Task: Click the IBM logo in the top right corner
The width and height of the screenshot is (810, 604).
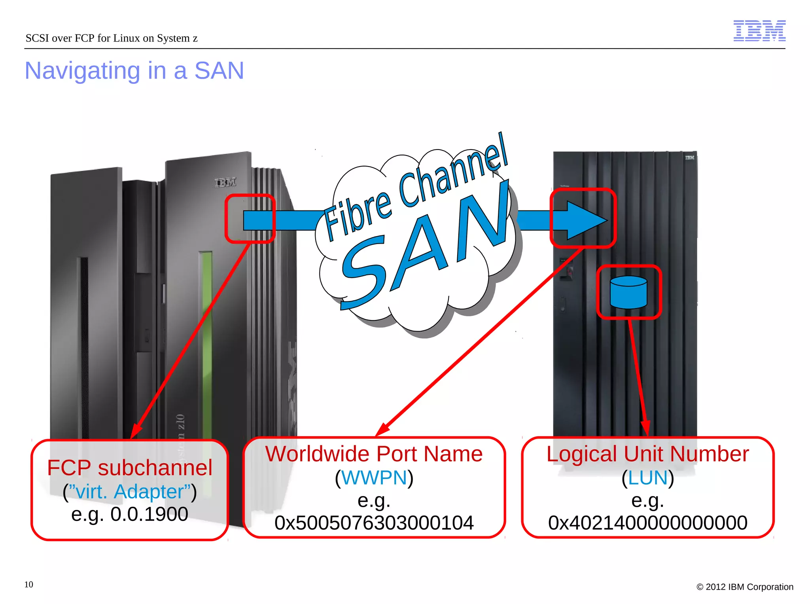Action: click(x=759, y=30)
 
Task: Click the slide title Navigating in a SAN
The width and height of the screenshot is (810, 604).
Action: click(x=134, y=71)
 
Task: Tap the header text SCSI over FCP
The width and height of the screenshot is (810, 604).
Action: click(x=111, y=38)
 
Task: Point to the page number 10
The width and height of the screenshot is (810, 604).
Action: click(x=28, y=584)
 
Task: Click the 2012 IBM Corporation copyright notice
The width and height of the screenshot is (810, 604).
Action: click(x=745, y=587)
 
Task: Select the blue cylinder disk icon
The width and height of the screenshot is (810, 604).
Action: click(x=628, y=292)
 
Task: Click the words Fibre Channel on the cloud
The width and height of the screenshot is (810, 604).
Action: click(x=415, y=188)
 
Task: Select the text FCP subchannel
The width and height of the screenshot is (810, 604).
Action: click(x=130, y=468)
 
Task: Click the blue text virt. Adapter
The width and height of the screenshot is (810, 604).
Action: click(x=130, y=492)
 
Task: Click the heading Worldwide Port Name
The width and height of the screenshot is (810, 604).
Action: click(x=374, y=454)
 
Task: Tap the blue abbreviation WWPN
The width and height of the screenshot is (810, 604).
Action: click(x=374, y=477)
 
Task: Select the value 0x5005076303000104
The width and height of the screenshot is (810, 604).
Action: click(x=374, y=523)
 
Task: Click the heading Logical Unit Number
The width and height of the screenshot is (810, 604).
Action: click(x=647, y=454)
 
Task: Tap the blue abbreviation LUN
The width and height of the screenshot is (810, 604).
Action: click(x=647, y=477)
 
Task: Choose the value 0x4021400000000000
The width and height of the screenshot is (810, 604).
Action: click(x=647, y=523)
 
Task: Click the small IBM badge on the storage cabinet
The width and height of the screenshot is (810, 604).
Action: click(x=689, y=158)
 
